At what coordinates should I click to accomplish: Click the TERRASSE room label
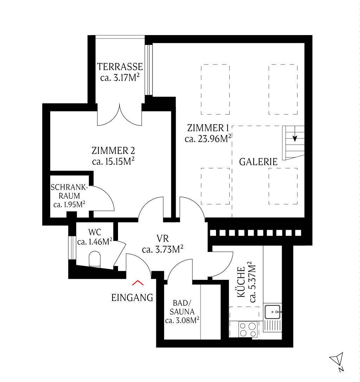coord(120,67)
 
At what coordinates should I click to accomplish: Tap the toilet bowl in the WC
coord(94,259)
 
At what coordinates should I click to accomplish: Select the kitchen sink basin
coord(273,311)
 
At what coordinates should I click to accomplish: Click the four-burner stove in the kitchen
coord(248,329)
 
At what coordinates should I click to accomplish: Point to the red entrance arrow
coord(138,283)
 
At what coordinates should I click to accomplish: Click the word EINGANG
coord(132,298)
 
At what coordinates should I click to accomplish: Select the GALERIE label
coord(258,162)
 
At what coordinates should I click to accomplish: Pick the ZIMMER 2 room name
coord(113,151)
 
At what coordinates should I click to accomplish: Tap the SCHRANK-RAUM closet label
coord(69,192)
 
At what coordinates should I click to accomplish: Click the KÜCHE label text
coord(241,282)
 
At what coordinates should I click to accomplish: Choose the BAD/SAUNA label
coord(182,307)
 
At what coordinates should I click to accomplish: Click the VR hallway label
coord(163,238)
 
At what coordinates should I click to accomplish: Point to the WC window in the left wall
coord(72,248)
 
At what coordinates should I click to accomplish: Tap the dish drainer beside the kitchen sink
coord(273,326)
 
